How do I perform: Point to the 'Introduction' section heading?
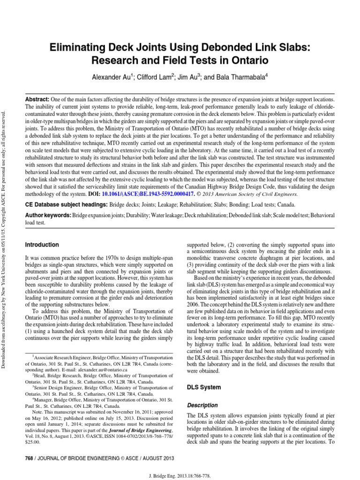click(42, 245)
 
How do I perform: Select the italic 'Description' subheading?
click(202, 405)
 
